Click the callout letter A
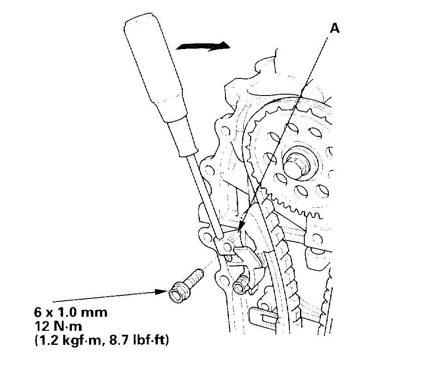click(x=334, y=28)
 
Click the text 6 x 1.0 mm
click(x=70, y=313)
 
